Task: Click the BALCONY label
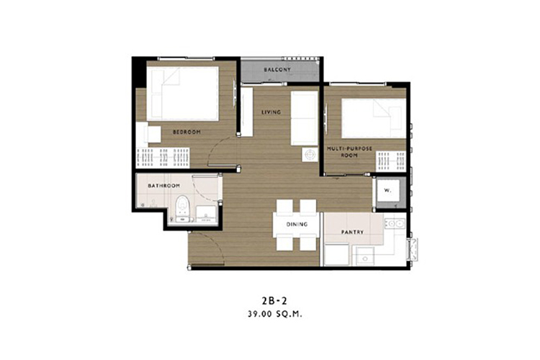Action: point(277,70)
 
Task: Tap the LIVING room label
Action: point(271,112)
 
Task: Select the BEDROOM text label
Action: point(186,132)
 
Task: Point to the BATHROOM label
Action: point(164,186)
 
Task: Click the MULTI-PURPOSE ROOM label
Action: point(349,152)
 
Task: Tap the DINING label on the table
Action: point(297,224)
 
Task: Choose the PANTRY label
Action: point(352,232)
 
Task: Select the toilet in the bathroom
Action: point(183,208)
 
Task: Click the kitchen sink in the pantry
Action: point(395,224)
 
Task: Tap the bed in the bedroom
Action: point(183,94)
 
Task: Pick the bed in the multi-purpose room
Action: point(374,119)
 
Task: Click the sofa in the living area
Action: point(304,118)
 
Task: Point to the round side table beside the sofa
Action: point(310,155)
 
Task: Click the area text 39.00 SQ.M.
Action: point(274,314)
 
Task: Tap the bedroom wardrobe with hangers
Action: point(163,158)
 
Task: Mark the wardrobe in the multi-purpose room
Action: point(391,161)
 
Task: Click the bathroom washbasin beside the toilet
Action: point(206,214)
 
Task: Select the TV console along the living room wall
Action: point(246,112)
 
